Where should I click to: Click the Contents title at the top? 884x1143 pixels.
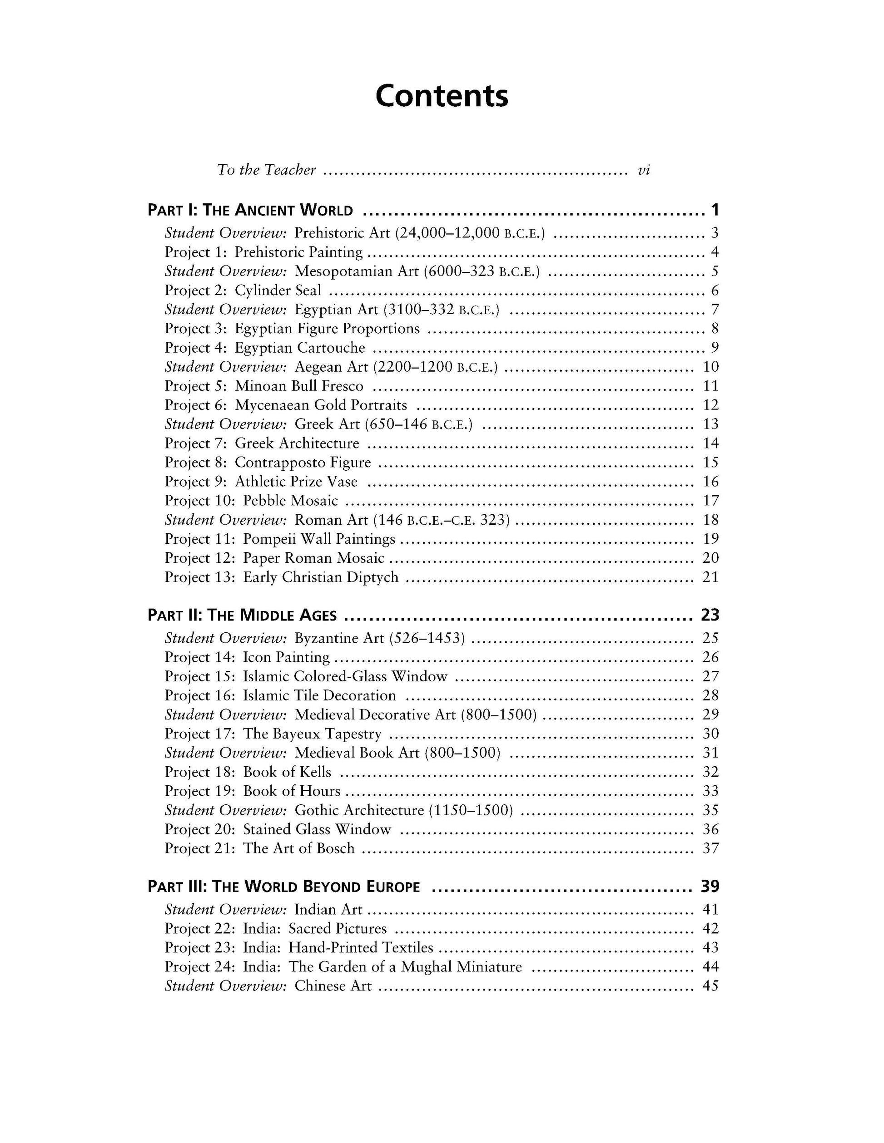[x=442, y=96]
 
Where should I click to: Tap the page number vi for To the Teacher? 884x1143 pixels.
[x=644, y=170]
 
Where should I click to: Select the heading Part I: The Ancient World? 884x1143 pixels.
[x=250, y=210]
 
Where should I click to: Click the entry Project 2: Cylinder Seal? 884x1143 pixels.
[x=243, y=291]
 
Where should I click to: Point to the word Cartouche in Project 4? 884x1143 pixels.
[x=331, y=348]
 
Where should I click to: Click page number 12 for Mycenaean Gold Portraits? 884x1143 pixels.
[x=710, y=405]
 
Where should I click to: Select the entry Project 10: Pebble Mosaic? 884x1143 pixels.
[x=251, y=501]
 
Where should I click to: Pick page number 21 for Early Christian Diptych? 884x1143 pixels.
[x=710, y=577]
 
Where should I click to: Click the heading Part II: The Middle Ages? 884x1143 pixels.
[x=242, y=616]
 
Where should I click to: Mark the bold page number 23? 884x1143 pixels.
[x=710, y=615]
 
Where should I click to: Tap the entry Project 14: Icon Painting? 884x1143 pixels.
[x=247, y=657]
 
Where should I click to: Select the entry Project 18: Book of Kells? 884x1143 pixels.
[x=248, y=772]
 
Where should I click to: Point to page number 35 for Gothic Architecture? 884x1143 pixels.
[x=710, y=810]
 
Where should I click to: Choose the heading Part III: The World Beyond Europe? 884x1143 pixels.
[x=284, y=887]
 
